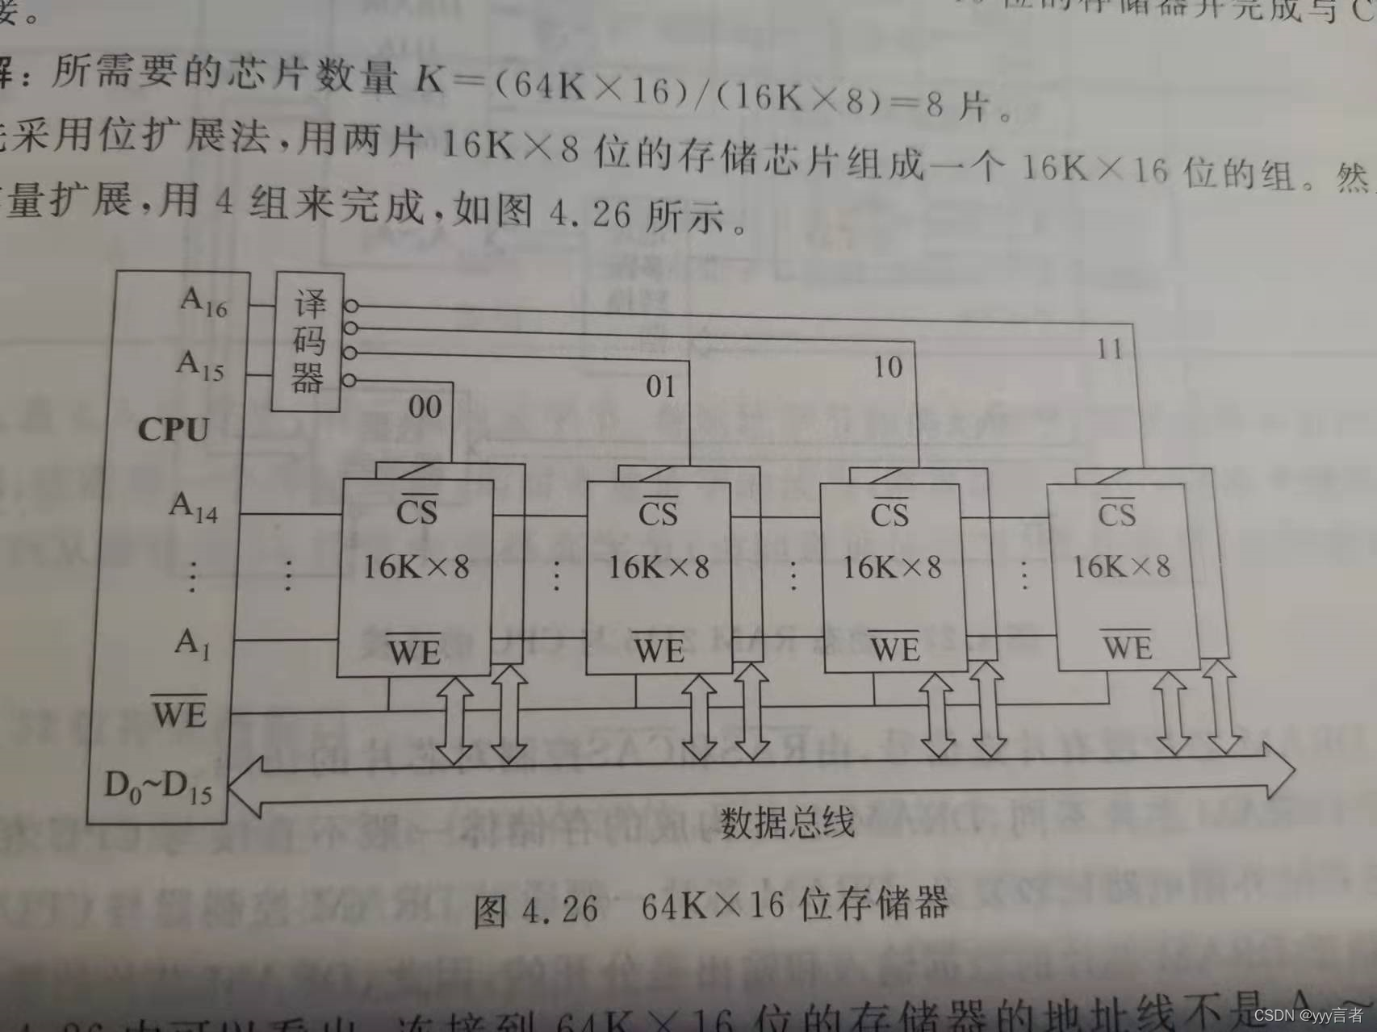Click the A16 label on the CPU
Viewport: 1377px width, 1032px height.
tap(204, 303)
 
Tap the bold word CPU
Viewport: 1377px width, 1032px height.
tap(174, 429)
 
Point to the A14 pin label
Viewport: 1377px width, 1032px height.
tap(194, 508)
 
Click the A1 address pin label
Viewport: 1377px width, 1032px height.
tap(192, 644)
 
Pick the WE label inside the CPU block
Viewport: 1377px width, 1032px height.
tap(180, 712)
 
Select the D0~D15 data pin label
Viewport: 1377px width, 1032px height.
tap(158, 787)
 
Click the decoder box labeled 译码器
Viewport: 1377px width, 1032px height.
tap(307, 341)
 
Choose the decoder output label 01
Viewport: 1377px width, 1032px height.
tap(660, 386)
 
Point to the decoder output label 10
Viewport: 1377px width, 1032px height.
tap(888, 368)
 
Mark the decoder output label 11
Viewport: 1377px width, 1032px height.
tap(1110, 349)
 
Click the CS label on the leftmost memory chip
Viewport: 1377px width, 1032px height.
tap(416, 512)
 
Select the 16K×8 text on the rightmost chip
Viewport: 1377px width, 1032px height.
tap(1121, 566)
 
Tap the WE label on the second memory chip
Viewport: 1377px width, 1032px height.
tap(659, 650)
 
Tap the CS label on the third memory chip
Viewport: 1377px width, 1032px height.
tap(889, 514)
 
